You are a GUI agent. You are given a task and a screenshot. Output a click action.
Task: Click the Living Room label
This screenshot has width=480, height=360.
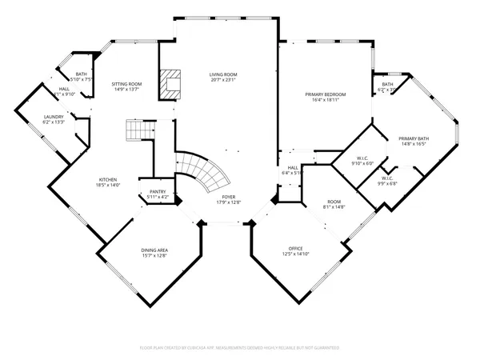224,74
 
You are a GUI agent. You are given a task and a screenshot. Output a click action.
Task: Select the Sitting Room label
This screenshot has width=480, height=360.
126,83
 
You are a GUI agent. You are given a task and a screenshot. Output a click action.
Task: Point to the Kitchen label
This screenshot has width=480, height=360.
108,179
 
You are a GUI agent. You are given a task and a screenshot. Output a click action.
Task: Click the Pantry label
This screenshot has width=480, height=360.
158,192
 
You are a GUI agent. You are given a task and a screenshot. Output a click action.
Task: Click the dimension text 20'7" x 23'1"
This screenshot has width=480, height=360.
224,80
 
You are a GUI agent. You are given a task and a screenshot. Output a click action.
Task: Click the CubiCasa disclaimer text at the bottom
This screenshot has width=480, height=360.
239,349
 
